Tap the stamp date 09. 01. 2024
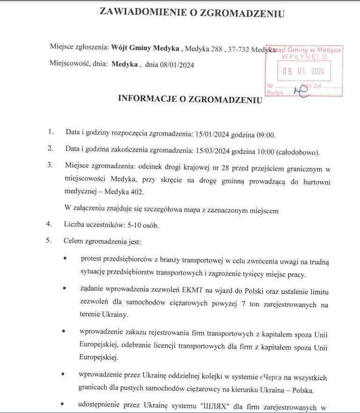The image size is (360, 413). [303, 72]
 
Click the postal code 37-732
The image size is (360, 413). [238, 48]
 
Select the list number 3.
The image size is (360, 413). [50, 166]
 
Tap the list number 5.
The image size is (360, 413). [48, 241]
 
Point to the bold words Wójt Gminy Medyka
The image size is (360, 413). [145, 48]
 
